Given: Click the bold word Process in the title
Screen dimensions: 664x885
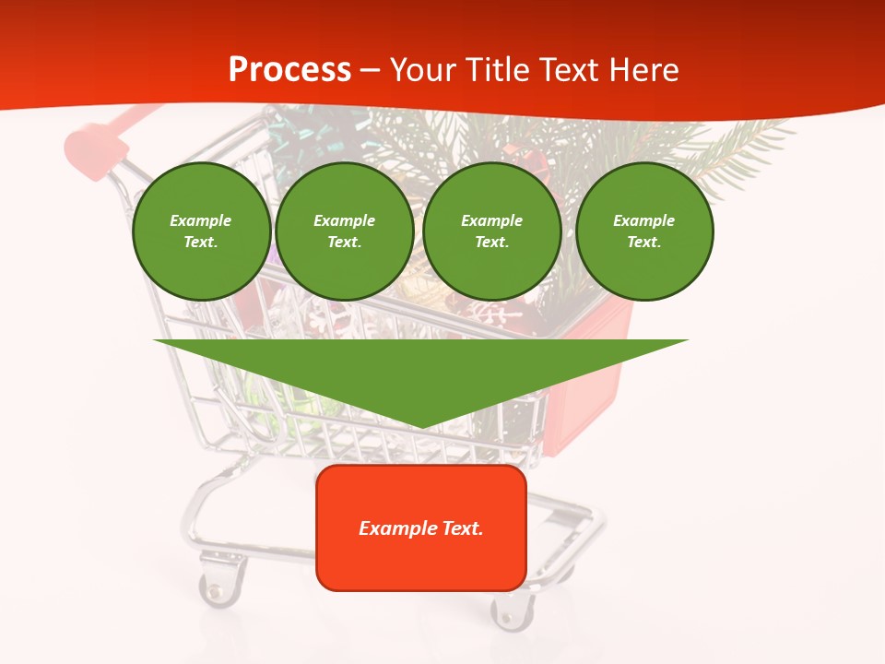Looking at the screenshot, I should (289, 70).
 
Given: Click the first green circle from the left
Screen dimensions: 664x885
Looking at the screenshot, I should (201, 231).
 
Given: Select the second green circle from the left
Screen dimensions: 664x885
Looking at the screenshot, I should (344, 231).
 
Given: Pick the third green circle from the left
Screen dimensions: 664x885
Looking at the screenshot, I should (491, 231).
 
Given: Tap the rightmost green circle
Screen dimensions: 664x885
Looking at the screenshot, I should (643, 231).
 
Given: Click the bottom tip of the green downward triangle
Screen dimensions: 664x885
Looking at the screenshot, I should (421, 425).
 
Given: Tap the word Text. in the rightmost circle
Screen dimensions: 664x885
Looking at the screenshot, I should (643, 243).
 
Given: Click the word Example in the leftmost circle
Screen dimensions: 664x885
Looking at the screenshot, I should (201, 220).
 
